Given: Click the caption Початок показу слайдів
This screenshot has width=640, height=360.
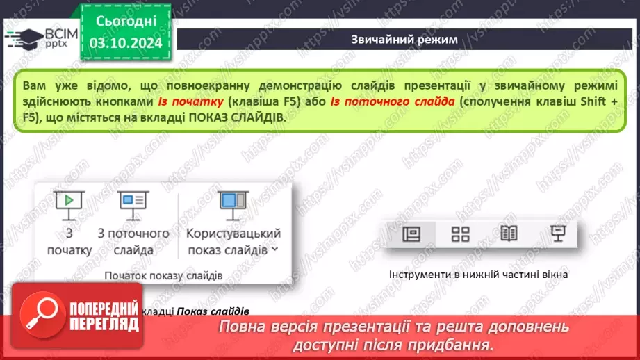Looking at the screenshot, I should [x=163, y=275].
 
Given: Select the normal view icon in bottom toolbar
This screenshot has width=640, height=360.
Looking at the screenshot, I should [x=412, y=234].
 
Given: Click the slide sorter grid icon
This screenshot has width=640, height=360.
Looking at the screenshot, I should [x=461, y=234].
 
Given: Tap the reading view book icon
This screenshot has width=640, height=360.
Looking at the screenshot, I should [x=509, y=234].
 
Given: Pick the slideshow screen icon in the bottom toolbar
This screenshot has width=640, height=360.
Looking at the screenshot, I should [x=557, y=234].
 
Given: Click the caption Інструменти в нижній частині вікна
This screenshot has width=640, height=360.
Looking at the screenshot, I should [x=479, y=275].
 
